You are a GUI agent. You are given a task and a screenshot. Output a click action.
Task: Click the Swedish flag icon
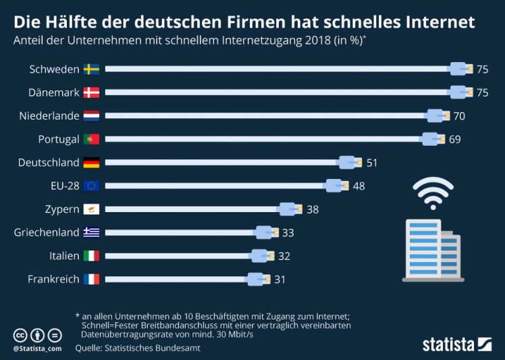coord(91,69)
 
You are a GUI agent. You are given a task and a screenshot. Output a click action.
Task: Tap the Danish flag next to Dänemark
coord(91,93)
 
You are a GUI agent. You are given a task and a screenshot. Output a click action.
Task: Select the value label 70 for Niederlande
coord(459,116)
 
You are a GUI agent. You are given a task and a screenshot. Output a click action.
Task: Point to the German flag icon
coord(91,163)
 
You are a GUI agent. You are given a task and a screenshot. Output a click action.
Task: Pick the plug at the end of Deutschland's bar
coord(348,163)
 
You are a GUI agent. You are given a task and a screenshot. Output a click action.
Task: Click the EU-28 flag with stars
coord(91,186)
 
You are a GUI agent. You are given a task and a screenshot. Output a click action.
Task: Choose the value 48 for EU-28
coord(358,186)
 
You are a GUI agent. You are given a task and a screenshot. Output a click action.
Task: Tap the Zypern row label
coord(63,209)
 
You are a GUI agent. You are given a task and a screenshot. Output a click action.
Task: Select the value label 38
coord(313,209)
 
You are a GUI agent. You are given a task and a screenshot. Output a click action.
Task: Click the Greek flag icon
coord(91,232)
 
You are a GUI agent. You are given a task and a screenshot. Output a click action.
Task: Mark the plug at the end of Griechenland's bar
coord(265,232)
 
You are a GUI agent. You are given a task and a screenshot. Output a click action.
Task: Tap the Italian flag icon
coord(91,255)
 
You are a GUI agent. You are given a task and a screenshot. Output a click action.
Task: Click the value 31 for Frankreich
coord(280,279)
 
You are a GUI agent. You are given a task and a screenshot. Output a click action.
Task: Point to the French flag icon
coord(91,279)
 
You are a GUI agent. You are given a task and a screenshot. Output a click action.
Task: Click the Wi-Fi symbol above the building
coord(433,193)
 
